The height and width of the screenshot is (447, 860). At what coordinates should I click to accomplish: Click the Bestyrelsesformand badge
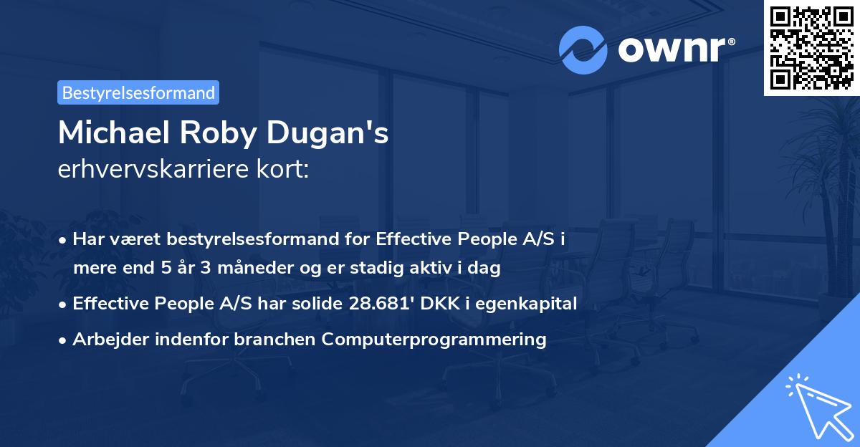138,92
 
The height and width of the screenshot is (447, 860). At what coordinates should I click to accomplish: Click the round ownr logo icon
583,49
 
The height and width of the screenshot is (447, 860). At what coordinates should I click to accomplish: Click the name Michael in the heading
108,134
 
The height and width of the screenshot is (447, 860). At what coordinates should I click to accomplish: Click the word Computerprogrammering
434,340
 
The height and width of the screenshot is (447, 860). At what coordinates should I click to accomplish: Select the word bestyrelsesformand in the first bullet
255,239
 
